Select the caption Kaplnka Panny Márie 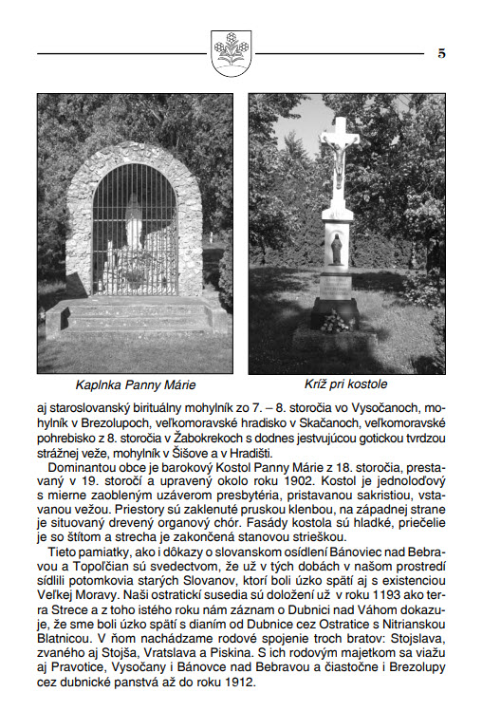(x=135, y=384)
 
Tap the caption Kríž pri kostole (x=345, y=384)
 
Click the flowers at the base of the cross (x=334, y=323)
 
